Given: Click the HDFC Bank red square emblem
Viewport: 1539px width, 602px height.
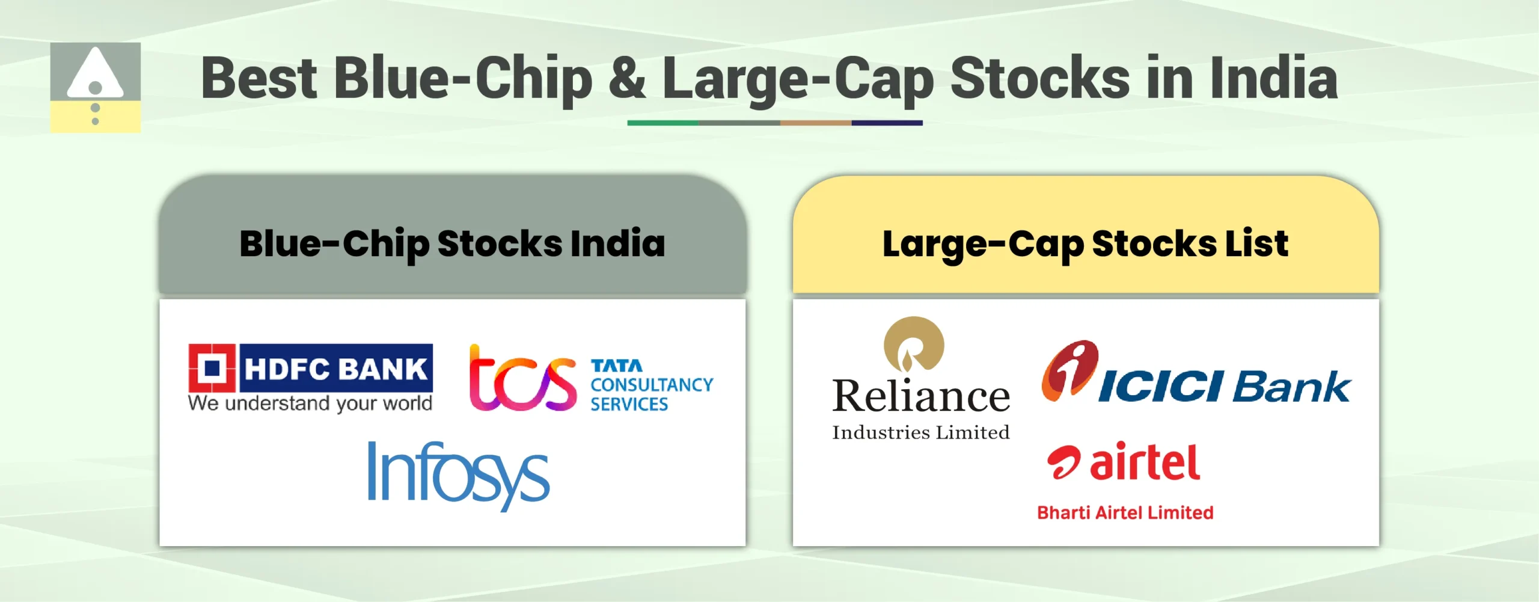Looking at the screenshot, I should click(212, 367).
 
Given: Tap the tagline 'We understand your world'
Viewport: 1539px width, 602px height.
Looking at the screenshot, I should click(310, 404).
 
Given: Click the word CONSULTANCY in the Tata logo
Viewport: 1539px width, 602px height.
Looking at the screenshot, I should click(652, 385).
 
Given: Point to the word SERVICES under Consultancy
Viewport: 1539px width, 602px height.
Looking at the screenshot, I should click(629, 405).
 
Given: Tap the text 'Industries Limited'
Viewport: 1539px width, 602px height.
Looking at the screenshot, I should click(920, 432).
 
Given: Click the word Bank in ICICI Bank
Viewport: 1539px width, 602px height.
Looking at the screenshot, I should click(1291, 387).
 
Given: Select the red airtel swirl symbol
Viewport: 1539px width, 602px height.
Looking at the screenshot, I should click(1064, 462).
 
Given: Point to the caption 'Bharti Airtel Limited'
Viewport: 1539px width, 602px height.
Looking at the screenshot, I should click(1125, 513).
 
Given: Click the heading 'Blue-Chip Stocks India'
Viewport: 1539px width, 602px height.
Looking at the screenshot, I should click(452, 244).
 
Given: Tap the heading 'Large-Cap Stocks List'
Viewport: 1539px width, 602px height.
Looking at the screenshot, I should click(1085, 244).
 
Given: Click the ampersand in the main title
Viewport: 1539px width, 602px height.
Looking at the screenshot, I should click(627, 78).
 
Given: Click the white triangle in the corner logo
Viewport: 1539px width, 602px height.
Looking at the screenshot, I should click(95, 75).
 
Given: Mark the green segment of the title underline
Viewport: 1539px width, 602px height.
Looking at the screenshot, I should click(662, 123).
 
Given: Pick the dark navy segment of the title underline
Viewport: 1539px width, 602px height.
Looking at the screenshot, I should click(887, 123).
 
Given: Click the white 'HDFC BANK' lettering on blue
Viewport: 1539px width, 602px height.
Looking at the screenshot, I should click(335, 368).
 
